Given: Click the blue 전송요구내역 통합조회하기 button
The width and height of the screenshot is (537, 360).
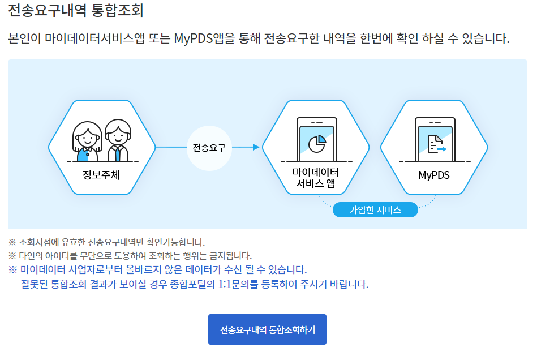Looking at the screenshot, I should point(267,329).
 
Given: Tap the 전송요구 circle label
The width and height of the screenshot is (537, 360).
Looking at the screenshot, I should point(209,148).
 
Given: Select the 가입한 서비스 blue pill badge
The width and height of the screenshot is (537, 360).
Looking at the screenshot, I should point(375,210).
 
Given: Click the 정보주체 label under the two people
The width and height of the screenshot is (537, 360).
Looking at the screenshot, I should point(101,175).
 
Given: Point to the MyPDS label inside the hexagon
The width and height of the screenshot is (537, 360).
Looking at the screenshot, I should point(434,175).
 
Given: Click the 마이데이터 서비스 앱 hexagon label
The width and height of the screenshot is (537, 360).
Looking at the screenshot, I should point(315,178).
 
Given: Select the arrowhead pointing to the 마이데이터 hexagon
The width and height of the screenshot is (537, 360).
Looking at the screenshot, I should point(256,148).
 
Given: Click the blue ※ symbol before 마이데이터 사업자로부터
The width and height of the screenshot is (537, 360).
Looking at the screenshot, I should point(13,269).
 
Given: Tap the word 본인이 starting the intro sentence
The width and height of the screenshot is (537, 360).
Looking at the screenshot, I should point(25,39).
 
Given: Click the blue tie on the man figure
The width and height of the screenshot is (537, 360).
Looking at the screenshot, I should point(117,153).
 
